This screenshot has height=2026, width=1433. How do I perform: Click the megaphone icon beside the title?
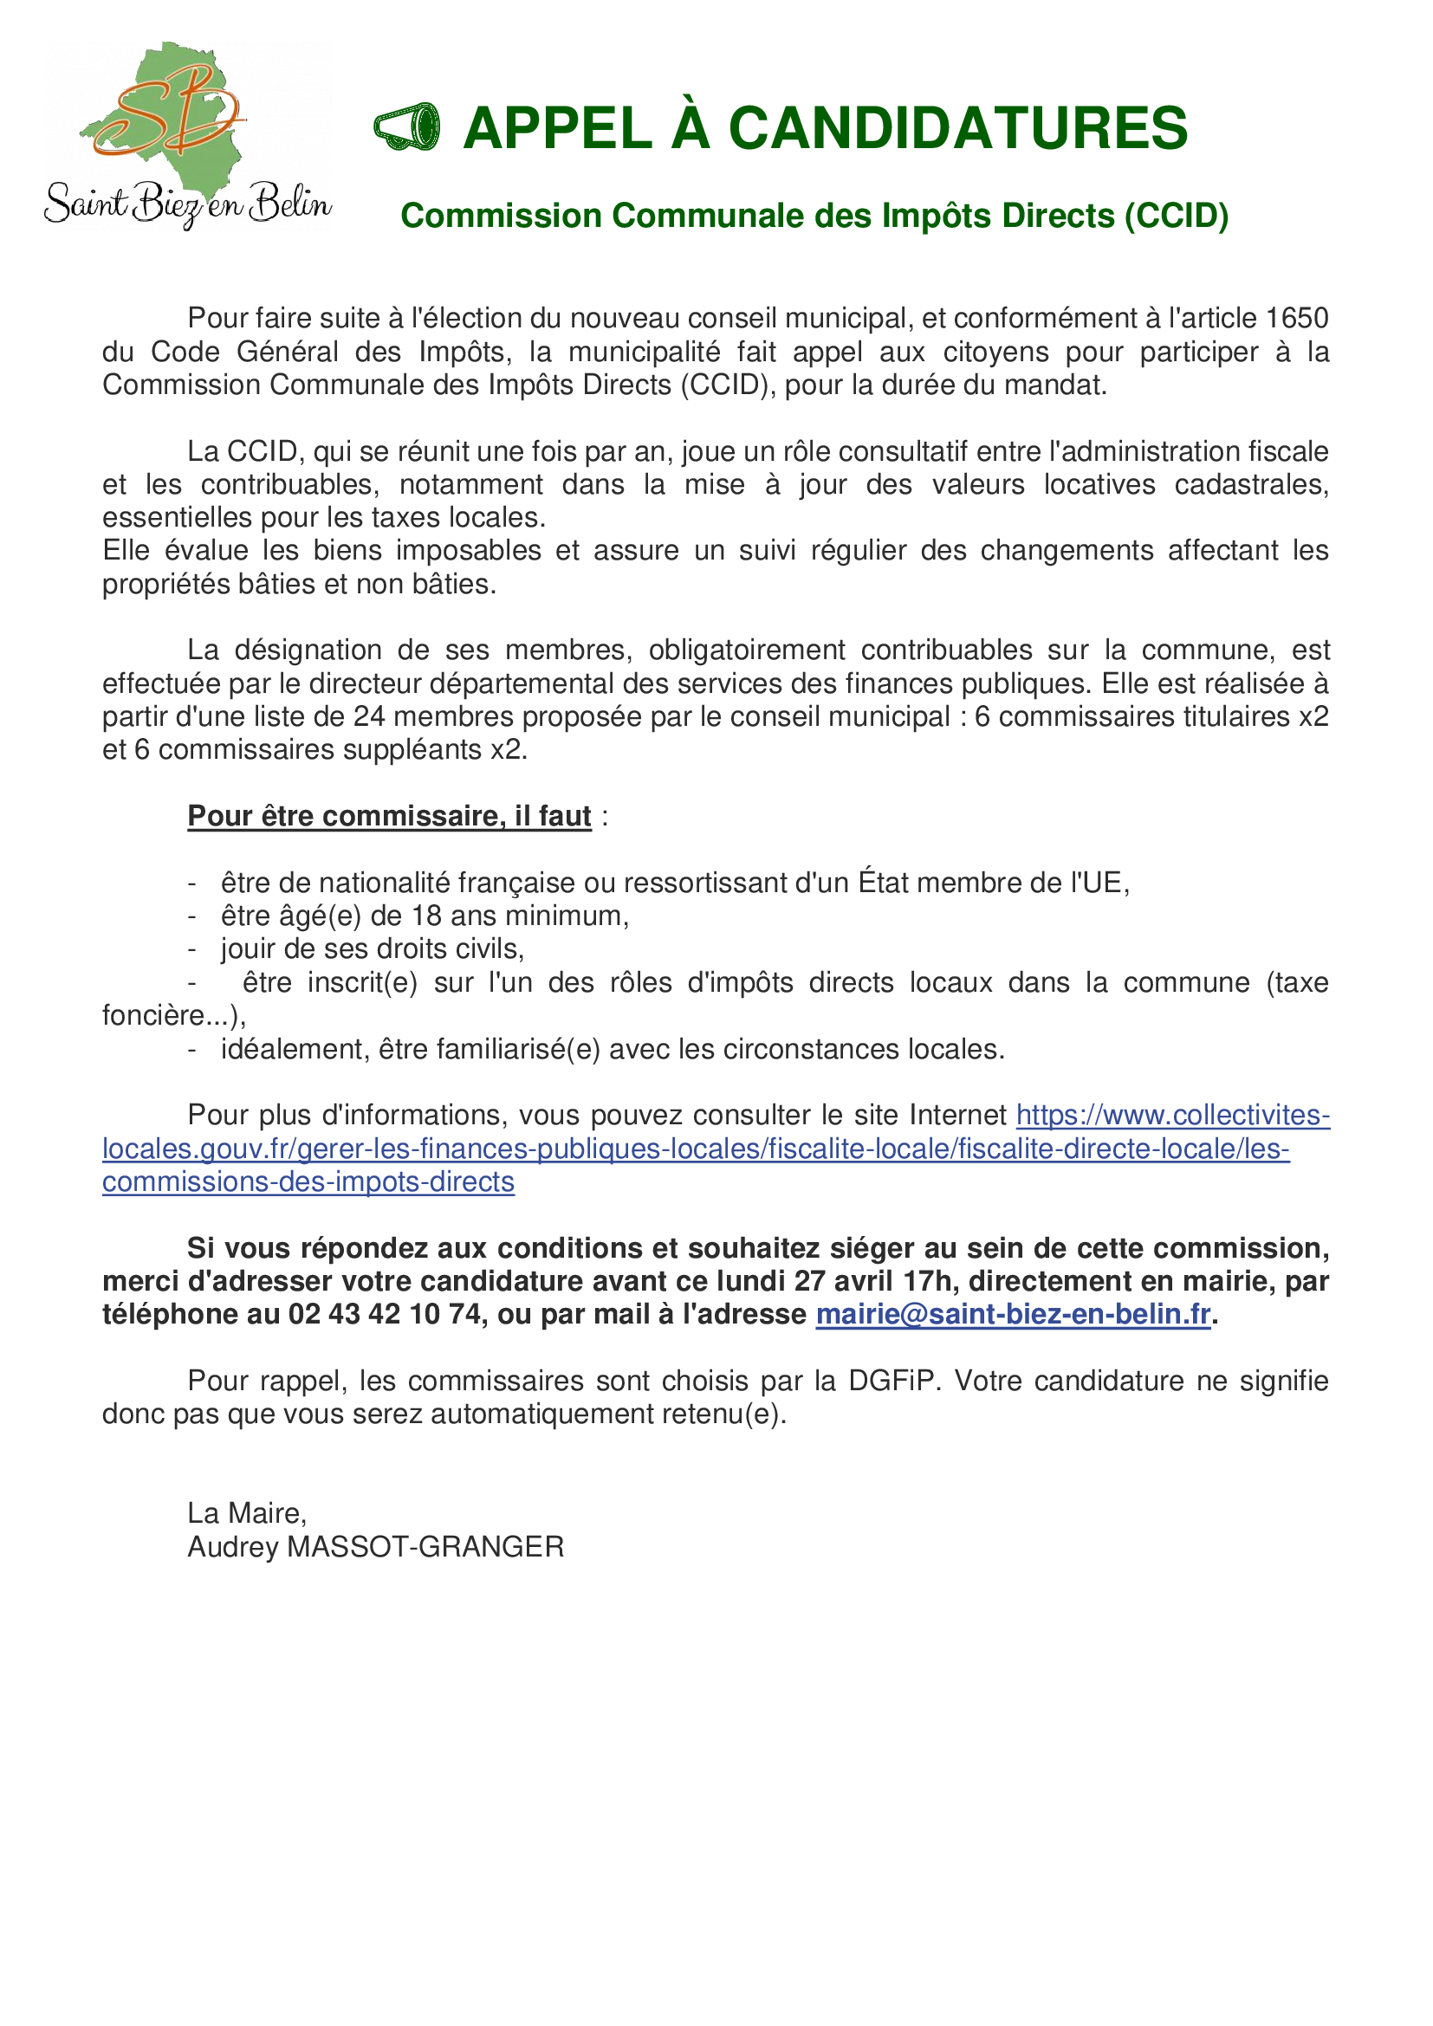point(407,128)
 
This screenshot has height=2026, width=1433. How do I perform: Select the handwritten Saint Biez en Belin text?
point(188,204)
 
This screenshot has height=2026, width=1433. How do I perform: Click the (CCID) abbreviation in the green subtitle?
point(1176,217)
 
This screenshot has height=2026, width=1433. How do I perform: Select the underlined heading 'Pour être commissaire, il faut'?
point(389,815)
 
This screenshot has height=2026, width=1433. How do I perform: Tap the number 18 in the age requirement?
point(426,916)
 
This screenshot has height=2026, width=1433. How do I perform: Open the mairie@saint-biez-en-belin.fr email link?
point(1012,1314)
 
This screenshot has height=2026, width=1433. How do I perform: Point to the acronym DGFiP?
point(891,1380)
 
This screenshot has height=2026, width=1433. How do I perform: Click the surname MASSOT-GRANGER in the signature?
point(425,1546)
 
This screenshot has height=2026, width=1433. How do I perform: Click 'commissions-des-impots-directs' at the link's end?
point(308,1181)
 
